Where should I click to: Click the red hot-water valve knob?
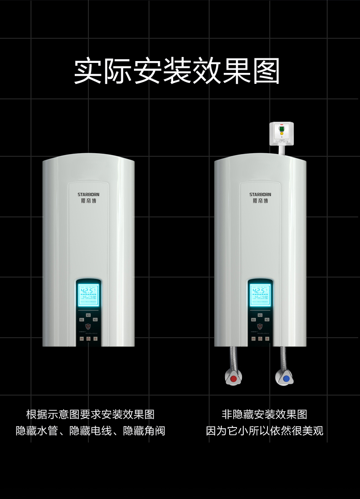234,378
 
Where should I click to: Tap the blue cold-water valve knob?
286,378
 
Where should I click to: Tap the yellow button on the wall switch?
283,134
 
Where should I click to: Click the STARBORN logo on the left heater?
88,195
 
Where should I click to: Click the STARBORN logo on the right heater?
260,195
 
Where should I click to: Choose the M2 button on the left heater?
95,320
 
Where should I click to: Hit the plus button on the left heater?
95,339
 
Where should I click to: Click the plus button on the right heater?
267,339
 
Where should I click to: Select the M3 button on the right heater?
260,315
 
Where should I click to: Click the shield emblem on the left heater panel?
88,326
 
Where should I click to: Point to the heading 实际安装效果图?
177,71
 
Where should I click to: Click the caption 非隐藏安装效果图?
264,414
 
